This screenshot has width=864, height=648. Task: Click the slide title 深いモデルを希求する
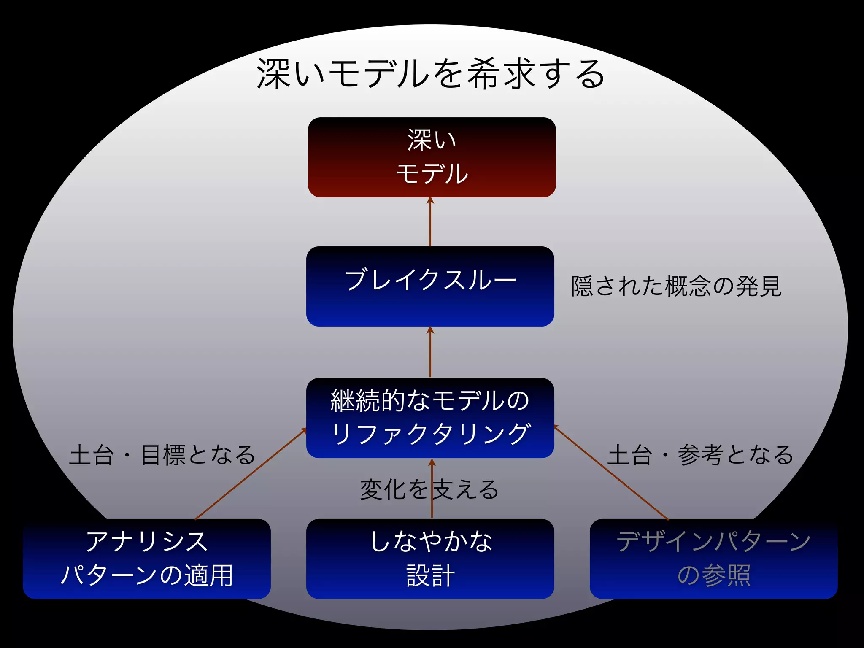pos(430,74)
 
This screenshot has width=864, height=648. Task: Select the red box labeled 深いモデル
pos(432,157)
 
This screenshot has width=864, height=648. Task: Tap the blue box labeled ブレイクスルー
pos(430,286)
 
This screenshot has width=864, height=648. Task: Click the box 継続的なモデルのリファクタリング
pos(430,418)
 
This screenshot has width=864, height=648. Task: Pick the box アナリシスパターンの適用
pos(146,559)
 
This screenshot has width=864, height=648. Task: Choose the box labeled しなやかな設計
pos(430,559)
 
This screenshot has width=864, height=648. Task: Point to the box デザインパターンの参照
pos(713,559)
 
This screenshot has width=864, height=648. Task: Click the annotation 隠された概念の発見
pos(676,286)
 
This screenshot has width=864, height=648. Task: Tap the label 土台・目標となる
pos(162,455)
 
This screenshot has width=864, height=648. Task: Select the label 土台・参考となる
pos(700,455)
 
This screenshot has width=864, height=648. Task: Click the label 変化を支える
pos(429,490)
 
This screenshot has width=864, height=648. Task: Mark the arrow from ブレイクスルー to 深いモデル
pos(430,224)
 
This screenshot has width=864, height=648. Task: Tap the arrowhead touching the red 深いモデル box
pos(430,200)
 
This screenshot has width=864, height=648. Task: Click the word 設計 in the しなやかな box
pos(430,575)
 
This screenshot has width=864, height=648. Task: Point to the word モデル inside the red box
pos(432,173)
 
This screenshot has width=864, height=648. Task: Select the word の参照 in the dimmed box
pos(714,575)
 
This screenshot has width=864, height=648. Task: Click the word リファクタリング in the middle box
pos(430,434)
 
